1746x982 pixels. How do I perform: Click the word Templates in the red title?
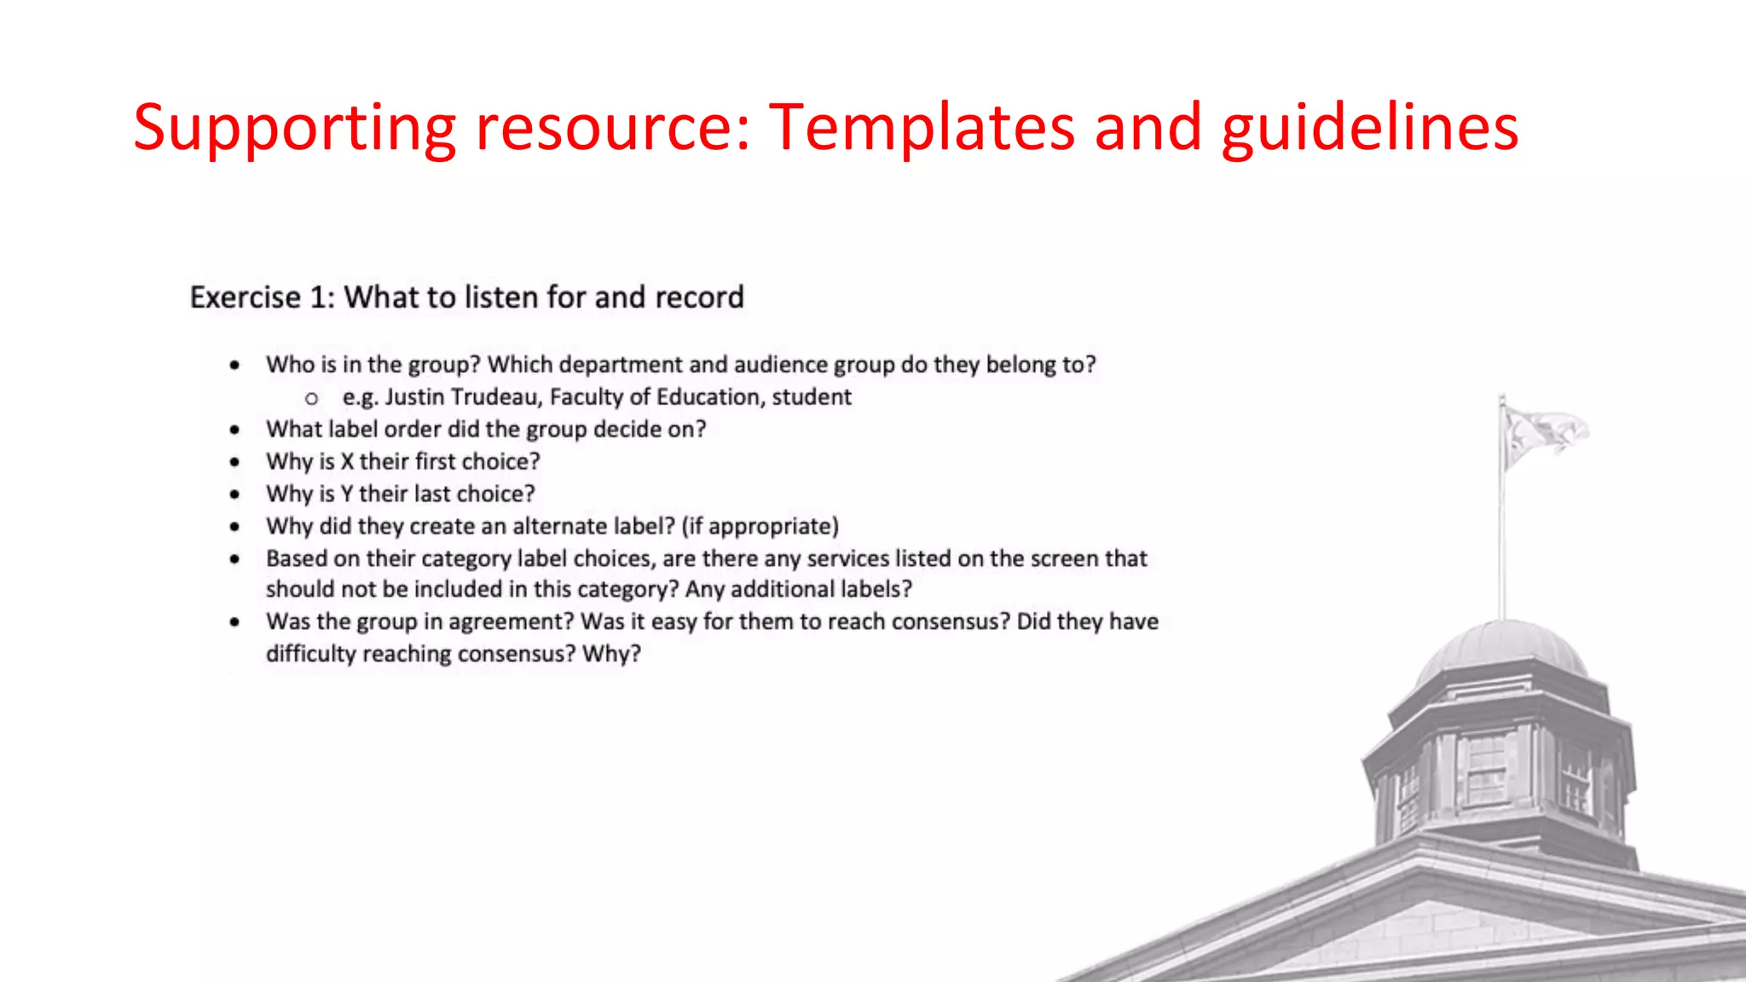(921, 128)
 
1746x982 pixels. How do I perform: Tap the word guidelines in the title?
(1369, 128)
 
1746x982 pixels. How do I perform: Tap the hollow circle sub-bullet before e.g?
(311, 399)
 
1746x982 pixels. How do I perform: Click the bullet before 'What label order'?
(234, 430)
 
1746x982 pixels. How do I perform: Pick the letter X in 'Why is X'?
(347, 462)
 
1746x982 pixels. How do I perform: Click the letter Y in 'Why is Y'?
(346, 494)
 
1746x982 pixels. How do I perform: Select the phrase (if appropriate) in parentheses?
(760, 527)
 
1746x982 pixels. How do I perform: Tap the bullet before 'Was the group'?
(234, 623)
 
